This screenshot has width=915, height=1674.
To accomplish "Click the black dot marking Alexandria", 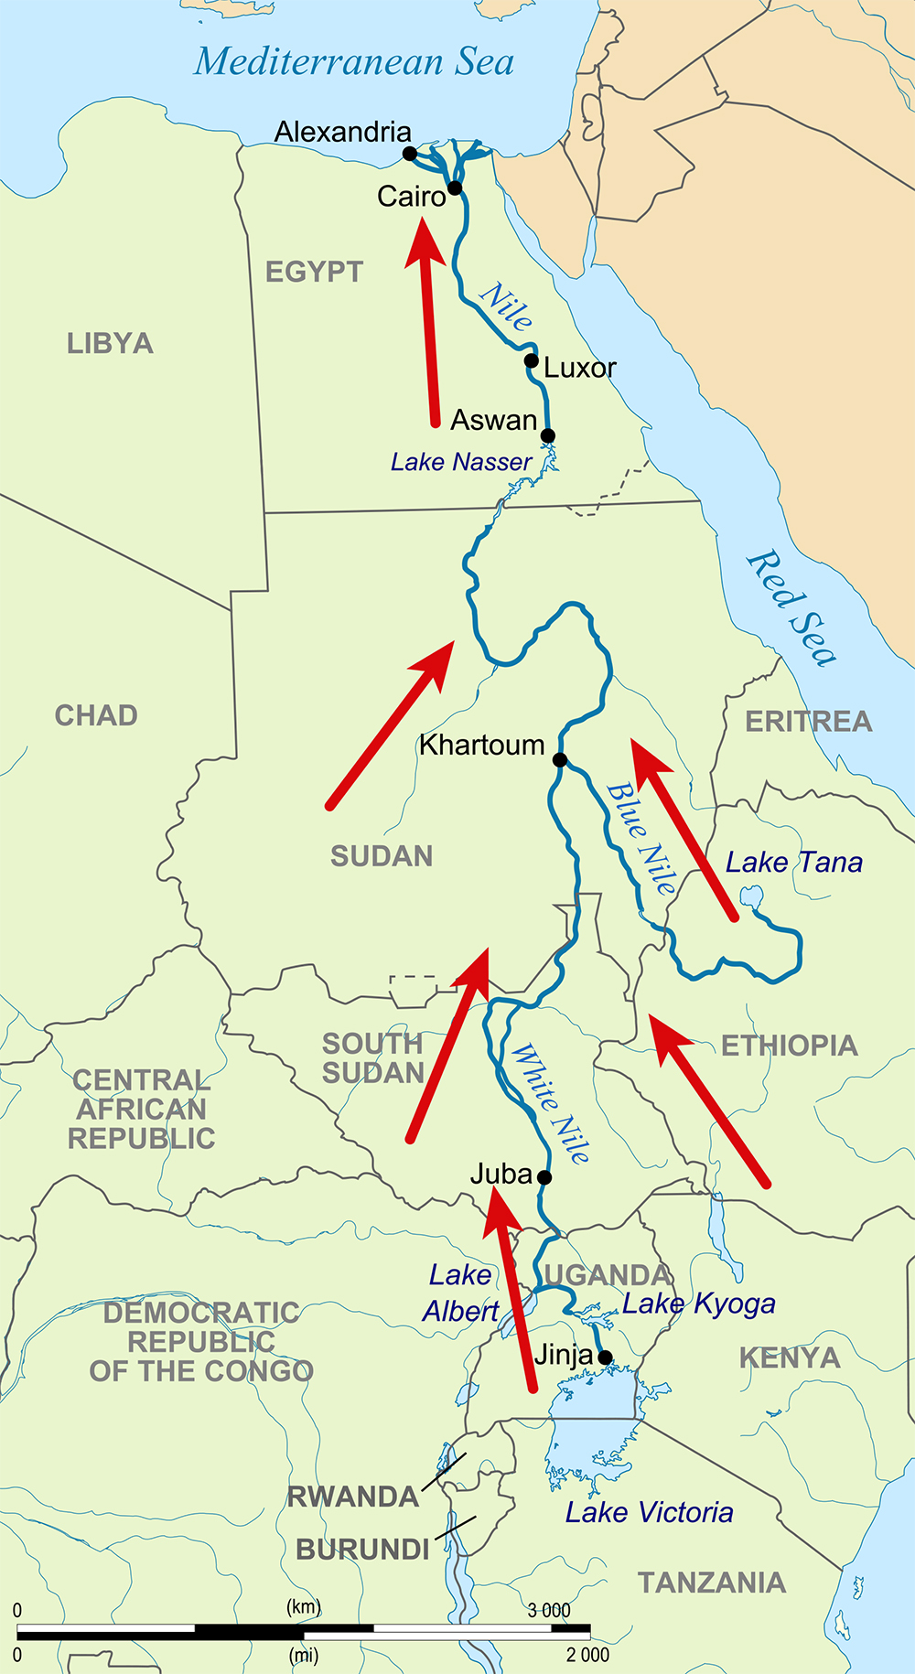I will point(410,154).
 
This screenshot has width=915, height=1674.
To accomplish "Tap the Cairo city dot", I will point(455,188).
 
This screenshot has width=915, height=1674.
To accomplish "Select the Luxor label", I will point(579,368).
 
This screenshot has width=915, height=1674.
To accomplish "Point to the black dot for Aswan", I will point(547,435).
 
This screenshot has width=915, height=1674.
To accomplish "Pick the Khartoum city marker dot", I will point(560,760).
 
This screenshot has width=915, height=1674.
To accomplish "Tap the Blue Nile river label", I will point(640,838).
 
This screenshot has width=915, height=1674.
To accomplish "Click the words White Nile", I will point(550,1103).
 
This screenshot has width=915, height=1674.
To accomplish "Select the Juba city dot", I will point(544,1177).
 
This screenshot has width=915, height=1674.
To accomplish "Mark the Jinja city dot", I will point(605,1357).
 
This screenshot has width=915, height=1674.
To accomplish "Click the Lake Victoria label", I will point(649,1513).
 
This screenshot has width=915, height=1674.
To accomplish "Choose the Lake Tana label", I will point(793,863).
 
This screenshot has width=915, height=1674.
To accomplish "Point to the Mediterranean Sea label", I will point(354,62).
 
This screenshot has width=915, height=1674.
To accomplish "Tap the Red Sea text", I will point(791,608).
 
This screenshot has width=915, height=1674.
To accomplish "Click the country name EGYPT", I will point(314,272).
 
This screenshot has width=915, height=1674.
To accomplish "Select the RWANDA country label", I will point(353,1497).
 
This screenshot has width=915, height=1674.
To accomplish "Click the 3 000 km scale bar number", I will point(548,1610).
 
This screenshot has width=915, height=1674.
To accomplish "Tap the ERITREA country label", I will point(808,722).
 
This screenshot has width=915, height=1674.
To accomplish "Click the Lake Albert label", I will point(460,1293).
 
